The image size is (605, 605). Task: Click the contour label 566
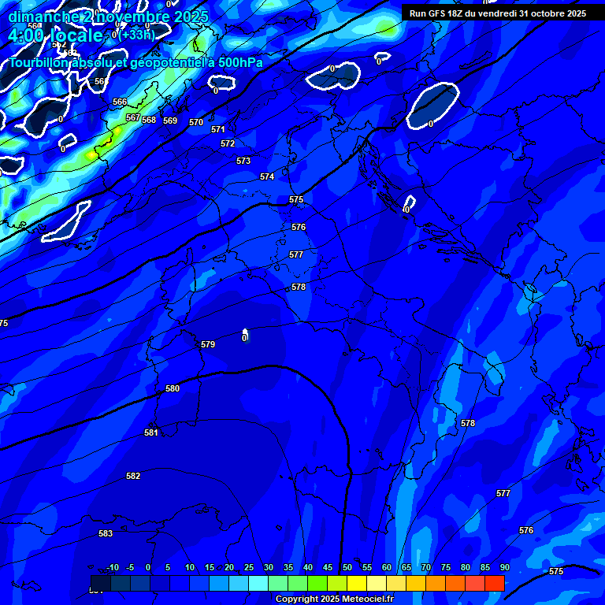tap(120, 102)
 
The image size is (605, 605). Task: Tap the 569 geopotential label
tap(170, 121)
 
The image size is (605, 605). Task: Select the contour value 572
tap(228, 144)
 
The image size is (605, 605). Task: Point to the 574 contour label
tap(267, 177)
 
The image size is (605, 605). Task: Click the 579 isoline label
tap(208, 345)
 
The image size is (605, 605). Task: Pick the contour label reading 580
tap(173, 389)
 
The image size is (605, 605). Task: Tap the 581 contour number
tap(151, 432)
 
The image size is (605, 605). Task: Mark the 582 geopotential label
tap(133, 476)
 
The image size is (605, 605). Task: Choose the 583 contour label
tap(106, 533)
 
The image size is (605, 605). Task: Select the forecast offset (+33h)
tap(136, 35)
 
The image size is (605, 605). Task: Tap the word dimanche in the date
tap(43, 17)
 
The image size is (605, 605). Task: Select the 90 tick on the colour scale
tap(504, 567)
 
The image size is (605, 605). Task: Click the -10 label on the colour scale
tap(112, 567)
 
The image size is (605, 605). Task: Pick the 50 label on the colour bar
tap(347, 567)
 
